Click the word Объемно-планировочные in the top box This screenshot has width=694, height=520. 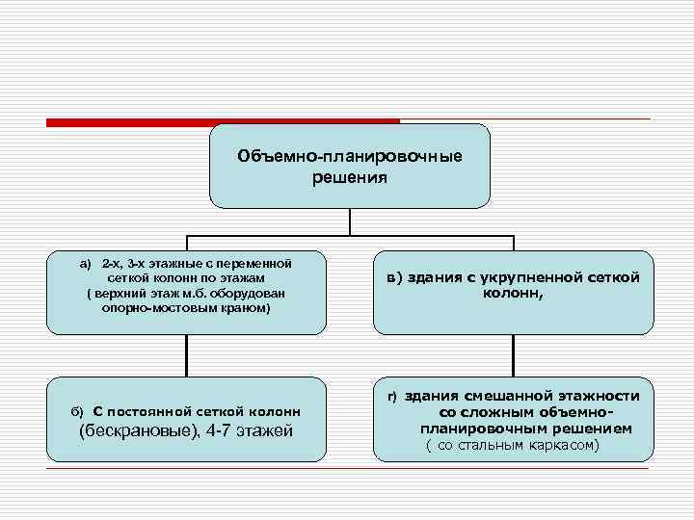coord(349,157)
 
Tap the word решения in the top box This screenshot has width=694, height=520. coord(349,177)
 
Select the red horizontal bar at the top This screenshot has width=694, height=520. coord(223,121)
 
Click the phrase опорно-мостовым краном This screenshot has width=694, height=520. coord(186,308)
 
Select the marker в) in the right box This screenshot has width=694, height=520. coord(393,277)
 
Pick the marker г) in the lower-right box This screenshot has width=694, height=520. coord(392,397)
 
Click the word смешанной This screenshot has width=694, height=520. coord(513,396)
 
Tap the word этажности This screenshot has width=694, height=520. coord(604,396)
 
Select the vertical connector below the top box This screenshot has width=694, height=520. coord(350,222)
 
